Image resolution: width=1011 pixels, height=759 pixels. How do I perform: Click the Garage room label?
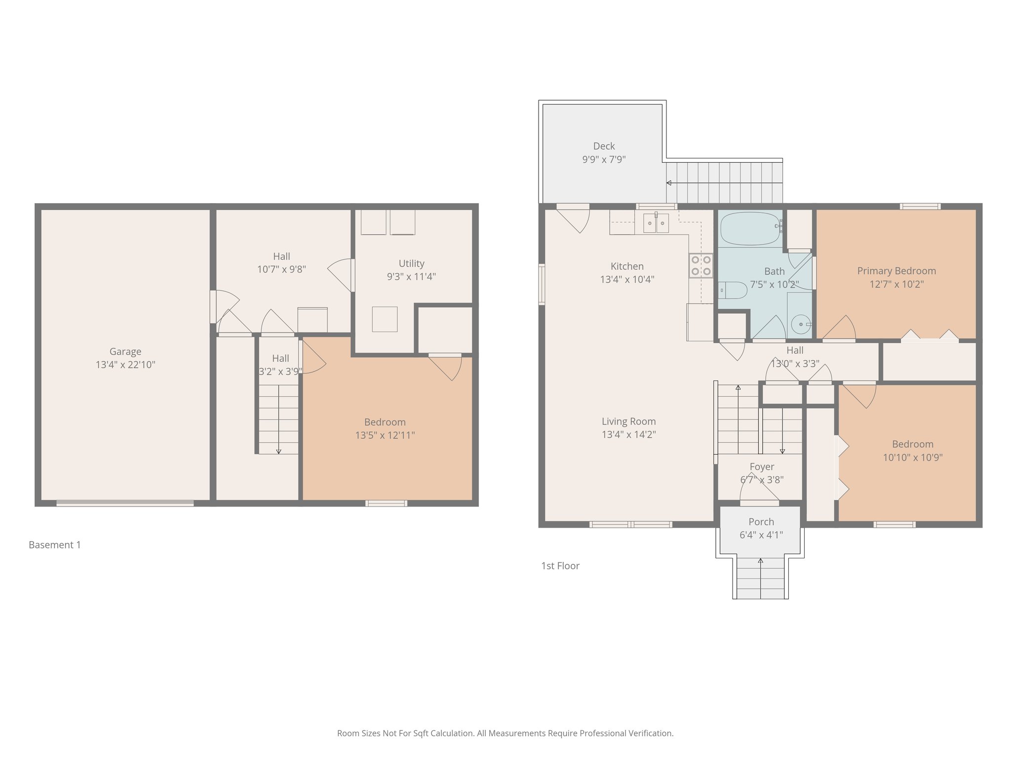[125, 352]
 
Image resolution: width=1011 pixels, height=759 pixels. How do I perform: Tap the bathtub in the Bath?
[749, 228]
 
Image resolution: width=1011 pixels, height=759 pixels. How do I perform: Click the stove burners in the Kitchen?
[701, 265]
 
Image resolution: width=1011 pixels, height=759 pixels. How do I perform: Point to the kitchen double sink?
[656, 223]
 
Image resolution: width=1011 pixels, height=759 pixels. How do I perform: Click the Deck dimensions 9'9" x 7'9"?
[604, 160]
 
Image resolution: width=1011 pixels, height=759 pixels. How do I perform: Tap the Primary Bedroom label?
[896, 271]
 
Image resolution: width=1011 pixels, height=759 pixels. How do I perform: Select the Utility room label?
[411, 263]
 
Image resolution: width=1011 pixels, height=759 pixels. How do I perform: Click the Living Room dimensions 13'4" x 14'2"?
[628, 435]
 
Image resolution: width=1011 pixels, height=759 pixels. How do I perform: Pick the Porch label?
[761, 522]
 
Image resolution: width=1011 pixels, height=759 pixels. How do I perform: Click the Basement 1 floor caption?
[55, 545]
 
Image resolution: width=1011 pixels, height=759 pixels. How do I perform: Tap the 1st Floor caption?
[560, 566]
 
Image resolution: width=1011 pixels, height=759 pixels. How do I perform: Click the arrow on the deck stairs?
[669, 183]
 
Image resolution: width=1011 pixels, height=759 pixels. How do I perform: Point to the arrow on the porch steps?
[760, 561]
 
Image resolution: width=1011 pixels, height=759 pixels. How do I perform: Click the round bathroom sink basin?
[800, 324]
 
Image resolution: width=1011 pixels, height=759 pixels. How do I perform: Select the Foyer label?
[762, 467]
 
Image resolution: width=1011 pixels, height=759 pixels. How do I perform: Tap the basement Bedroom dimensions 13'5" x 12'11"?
[385, 435]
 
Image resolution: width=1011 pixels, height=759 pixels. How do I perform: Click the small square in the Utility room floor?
[385, 319]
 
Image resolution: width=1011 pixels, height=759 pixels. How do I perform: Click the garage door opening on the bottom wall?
[125, 504]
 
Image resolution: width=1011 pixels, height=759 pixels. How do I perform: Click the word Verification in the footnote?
[650, 733]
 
